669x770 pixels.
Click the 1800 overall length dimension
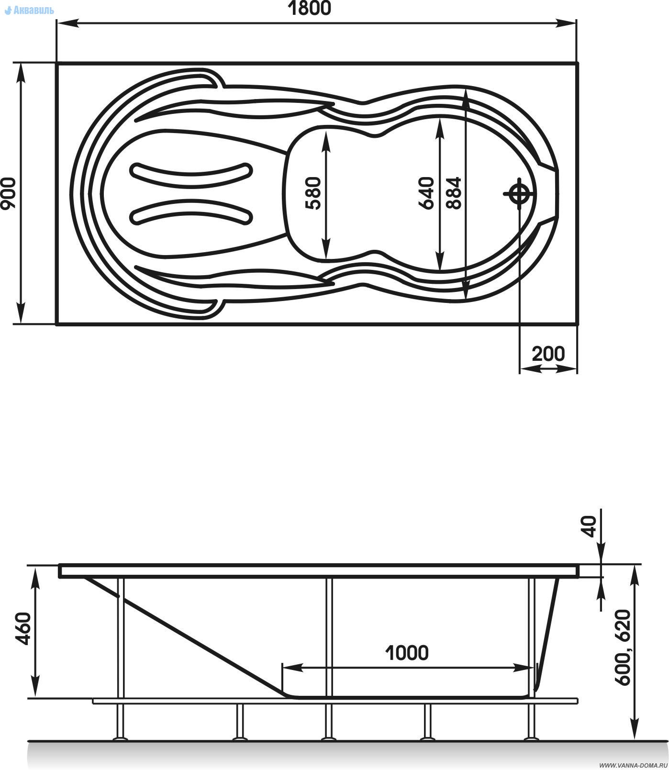pos(309,8)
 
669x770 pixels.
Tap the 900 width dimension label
pos(9,193)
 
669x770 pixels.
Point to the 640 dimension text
pos(425,193)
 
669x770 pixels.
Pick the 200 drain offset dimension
pos(548,354)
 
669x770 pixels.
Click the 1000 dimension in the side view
pos(407,652)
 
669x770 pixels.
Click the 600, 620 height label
pos(623,647)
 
